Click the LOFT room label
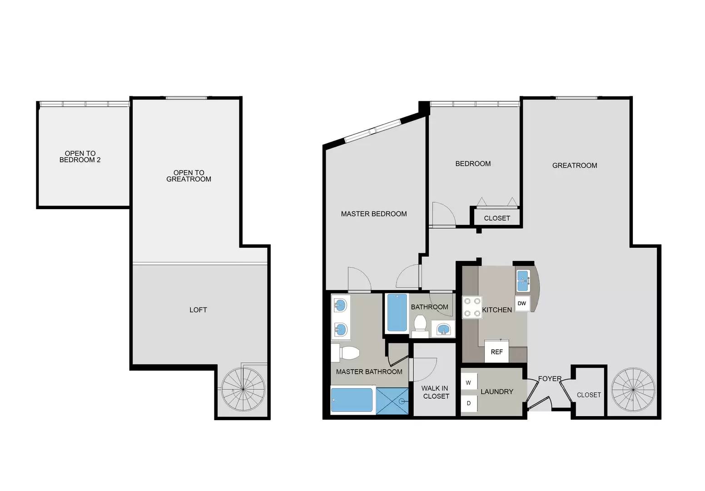coord(198,310)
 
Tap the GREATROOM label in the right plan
coord(574,165)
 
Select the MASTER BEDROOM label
coord(373,214)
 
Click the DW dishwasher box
coord(522,303)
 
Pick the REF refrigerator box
coord(496,351)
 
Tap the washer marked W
coord(469,382)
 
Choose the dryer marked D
coord(469,403)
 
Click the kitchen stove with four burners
coord(472,307)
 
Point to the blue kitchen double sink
coord(523,281)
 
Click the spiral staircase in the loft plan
coord(243,389)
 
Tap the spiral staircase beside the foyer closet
coord(633,390)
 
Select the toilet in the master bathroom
coord(346,353)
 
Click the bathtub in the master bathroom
coord(352,400)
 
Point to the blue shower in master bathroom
coord(392,401)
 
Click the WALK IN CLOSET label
coord(436,392)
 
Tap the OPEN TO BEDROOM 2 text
coord(80,156)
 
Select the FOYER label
coord(550,379)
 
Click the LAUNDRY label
coord(496,391)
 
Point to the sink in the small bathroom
coord(443,329)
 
